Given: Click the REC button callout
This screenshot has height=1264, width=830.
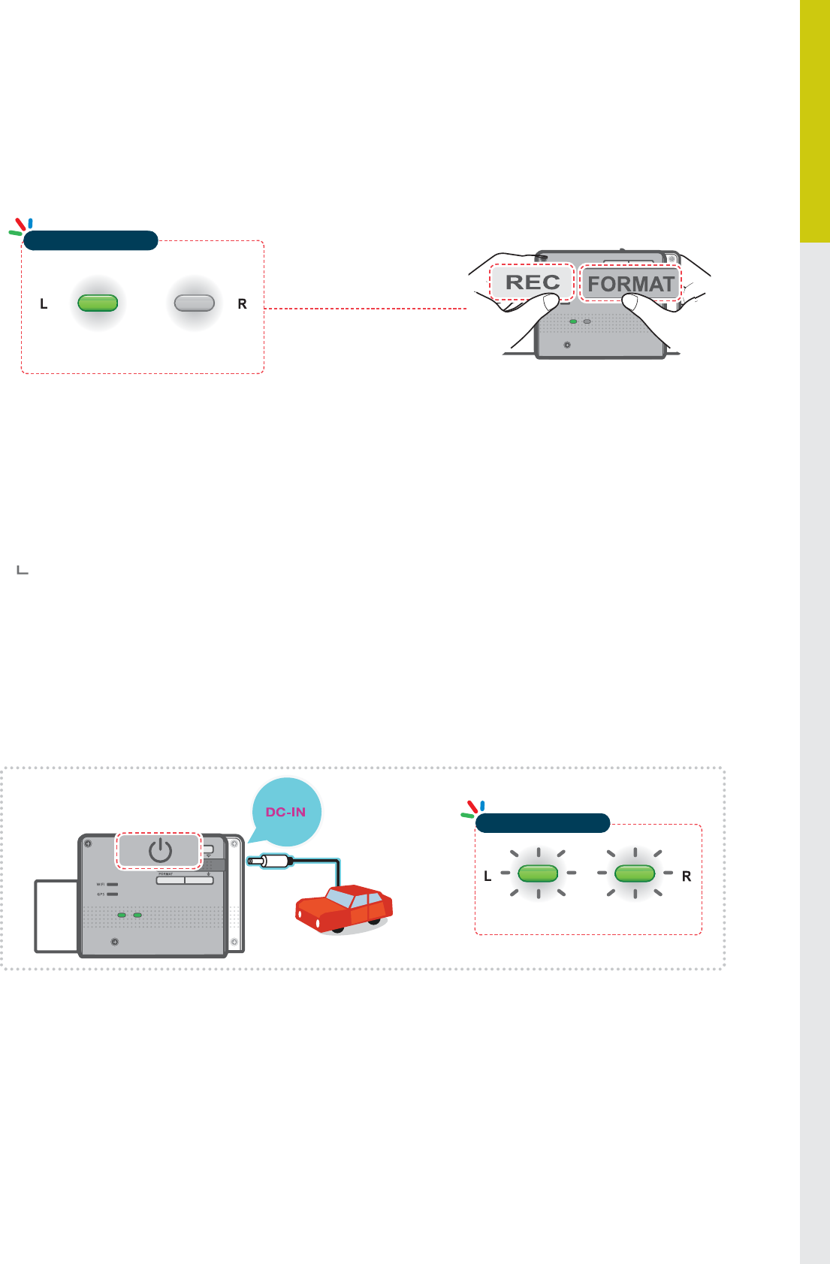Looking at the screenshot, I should (x=533, y=282).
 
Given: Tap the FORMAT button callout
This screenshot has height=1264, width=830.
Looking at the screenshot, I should (x=631, y=283).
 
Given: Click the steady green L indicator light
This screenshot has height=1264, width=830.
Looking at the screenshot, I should (x=98, y=303).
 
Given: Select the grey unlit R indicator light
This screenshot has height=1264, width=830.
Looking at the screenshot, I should (x=195, y=303).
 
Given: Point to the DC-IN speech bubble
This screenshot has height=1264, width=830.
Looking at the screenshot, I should (x=286, y=812).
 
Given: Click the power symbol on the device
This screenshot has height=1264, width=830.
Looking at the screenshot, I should (x=160, y=851).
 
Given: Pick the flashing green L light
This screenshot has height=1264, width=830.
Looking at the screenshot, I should (x=538, y=873).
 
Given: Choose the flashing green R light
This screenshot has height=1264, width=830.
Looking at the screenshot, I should (x=635, y=873).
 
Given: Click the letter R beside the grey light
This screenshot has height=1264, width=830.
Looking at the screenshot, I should (x=242, y=304).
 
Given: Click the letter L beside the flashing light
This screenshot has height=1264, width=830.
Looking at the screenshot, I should (x=487, y=876).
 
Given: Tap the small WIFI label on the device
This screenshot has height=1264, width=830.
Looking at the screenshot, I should (x=101, y=885).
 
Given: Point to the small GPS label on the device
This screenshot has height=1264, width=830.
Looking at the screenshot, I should (x=101, y=894).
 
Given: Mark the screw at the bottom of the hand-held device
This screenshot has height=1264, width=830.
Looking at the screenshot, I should (x=567, y=345).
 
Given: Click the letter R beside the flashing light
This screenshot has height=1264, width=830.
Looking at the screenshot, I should (x=687, y=876).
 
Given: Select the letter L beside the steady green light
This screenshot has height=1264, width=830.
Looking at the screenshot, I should (x=44, y=304).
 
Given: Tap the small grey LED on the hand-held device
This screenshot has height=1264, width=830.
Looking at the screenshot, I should (x=587, y=321).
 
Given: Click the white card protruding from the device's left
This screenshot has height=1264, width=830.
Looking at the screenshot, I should (x=56, y=916).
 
